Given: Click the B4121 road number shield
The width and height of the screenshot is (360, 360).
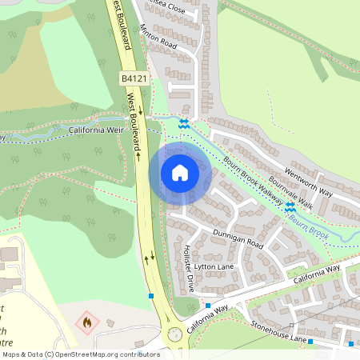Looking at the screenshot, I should pos(134,78).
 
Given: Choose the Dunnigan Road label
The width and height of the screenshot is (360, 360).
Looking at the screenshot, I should pos(238,237).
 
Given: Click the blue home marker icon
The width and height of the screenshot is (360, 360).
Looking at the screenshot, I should pos(180,172).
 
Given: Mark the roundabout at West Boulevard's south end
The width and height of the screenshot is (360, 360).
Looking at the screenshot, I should pos(174,334).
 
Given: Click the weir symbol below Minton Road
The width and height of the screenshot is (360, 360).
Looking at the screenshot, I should pos(184,122).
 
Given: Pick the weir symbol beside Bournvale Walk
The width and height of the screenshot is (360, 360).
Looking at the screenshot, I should pos(290,206).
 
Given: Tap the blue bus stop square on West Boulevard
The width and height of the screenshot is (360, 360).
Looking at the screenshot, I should pos(151,296).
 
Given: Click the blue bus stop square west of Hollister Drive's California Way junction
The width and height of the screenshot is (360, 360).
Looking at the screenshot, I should pos(207,306).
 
